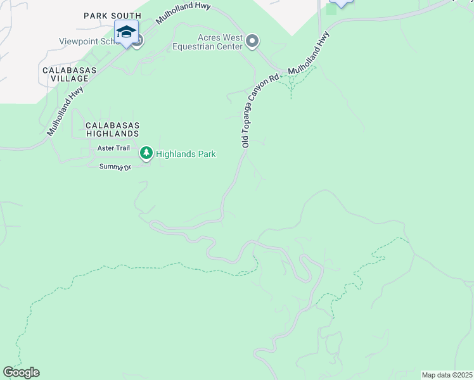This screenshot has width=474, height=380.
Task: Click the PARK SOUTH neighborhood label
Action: point(113,15)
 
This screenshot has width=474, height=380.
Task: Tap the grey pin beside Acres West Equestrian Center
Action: point(252,42)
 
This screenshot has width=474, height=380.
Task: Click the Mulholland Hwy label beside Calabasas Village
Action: point(65,111)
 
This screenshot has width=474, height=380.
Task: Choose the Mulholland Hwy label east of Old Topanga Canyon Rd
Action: point(309,54)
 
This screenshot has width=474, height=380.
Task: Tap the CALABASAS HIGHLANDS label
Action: point(112,130)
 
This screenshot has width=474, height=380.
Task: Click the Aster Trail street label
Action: point(113,148)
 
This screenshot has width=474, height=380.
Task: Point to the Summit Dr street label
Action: point(115,167)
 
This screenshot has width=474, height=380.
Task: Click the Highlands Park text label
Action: point(186,154)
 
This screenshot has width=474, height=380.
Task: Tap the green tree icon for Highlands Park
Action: point(146,153)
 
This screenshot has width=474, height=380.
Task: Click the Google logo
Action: point(21,372)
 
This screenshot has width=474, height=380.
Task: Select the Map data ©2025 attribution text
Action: point(447,375)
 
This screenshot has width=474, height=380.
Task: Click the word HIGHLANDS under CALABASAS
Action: point(113,134)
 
